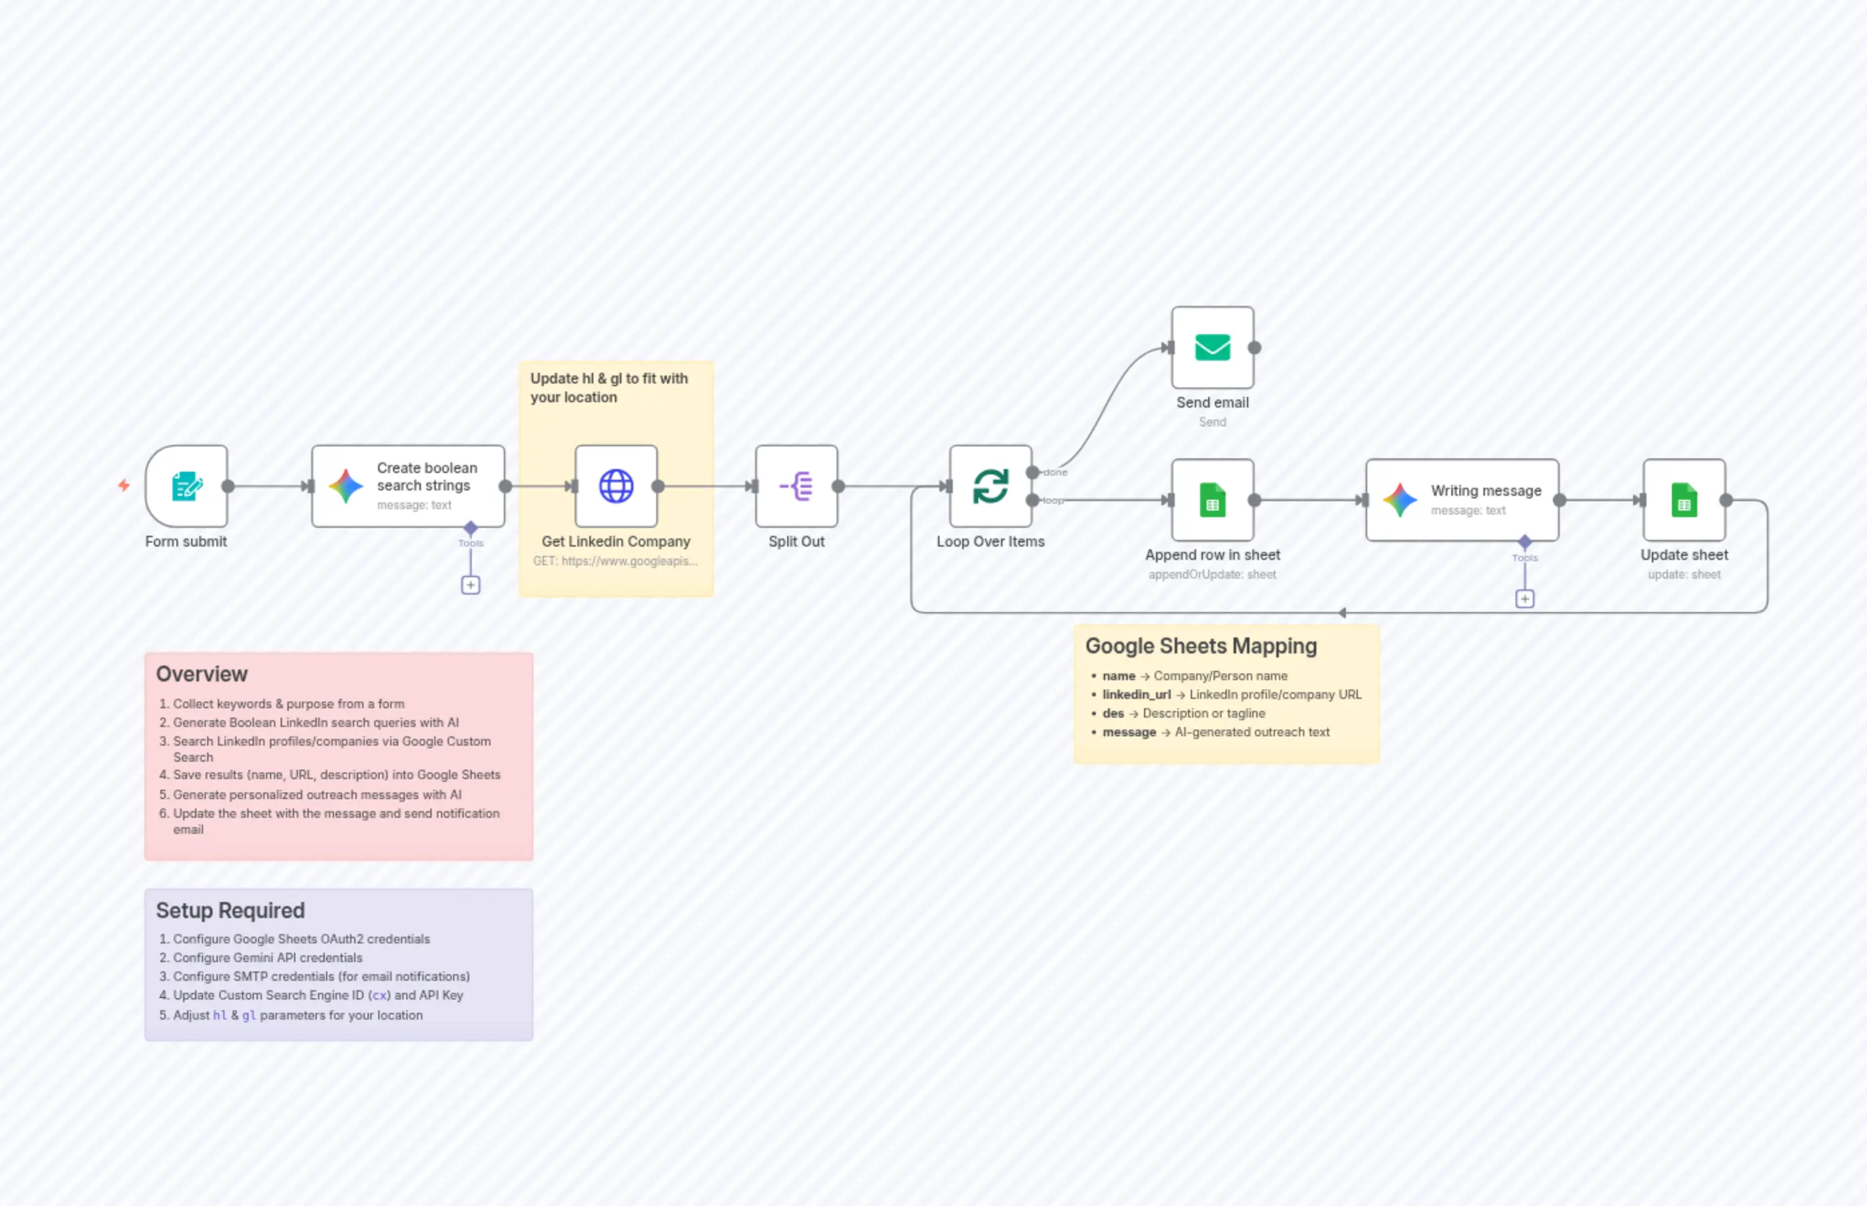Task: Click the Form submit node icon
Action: (186, 486)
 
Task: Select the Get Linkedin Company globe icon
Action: (615, 486)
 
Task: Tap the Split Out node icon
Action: (797, 486)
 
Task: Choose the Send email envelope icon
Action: (1212, 347)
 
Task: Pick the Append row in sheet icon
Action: (1212, 500)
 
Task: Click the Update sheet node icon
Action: (1684, 500)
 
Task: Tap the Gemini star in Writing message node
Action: (1399, 500)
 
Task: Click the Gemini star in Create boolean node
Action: (345, 486)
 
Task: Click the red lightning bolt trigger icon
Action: (124, 486)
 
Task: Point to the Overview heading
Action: (201, 674)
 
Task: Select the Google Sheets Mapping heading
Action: (1201, 646)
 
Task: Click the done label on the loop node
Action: (1055, 472)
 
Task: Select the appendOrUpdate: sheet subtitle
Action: (1211, 575)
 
